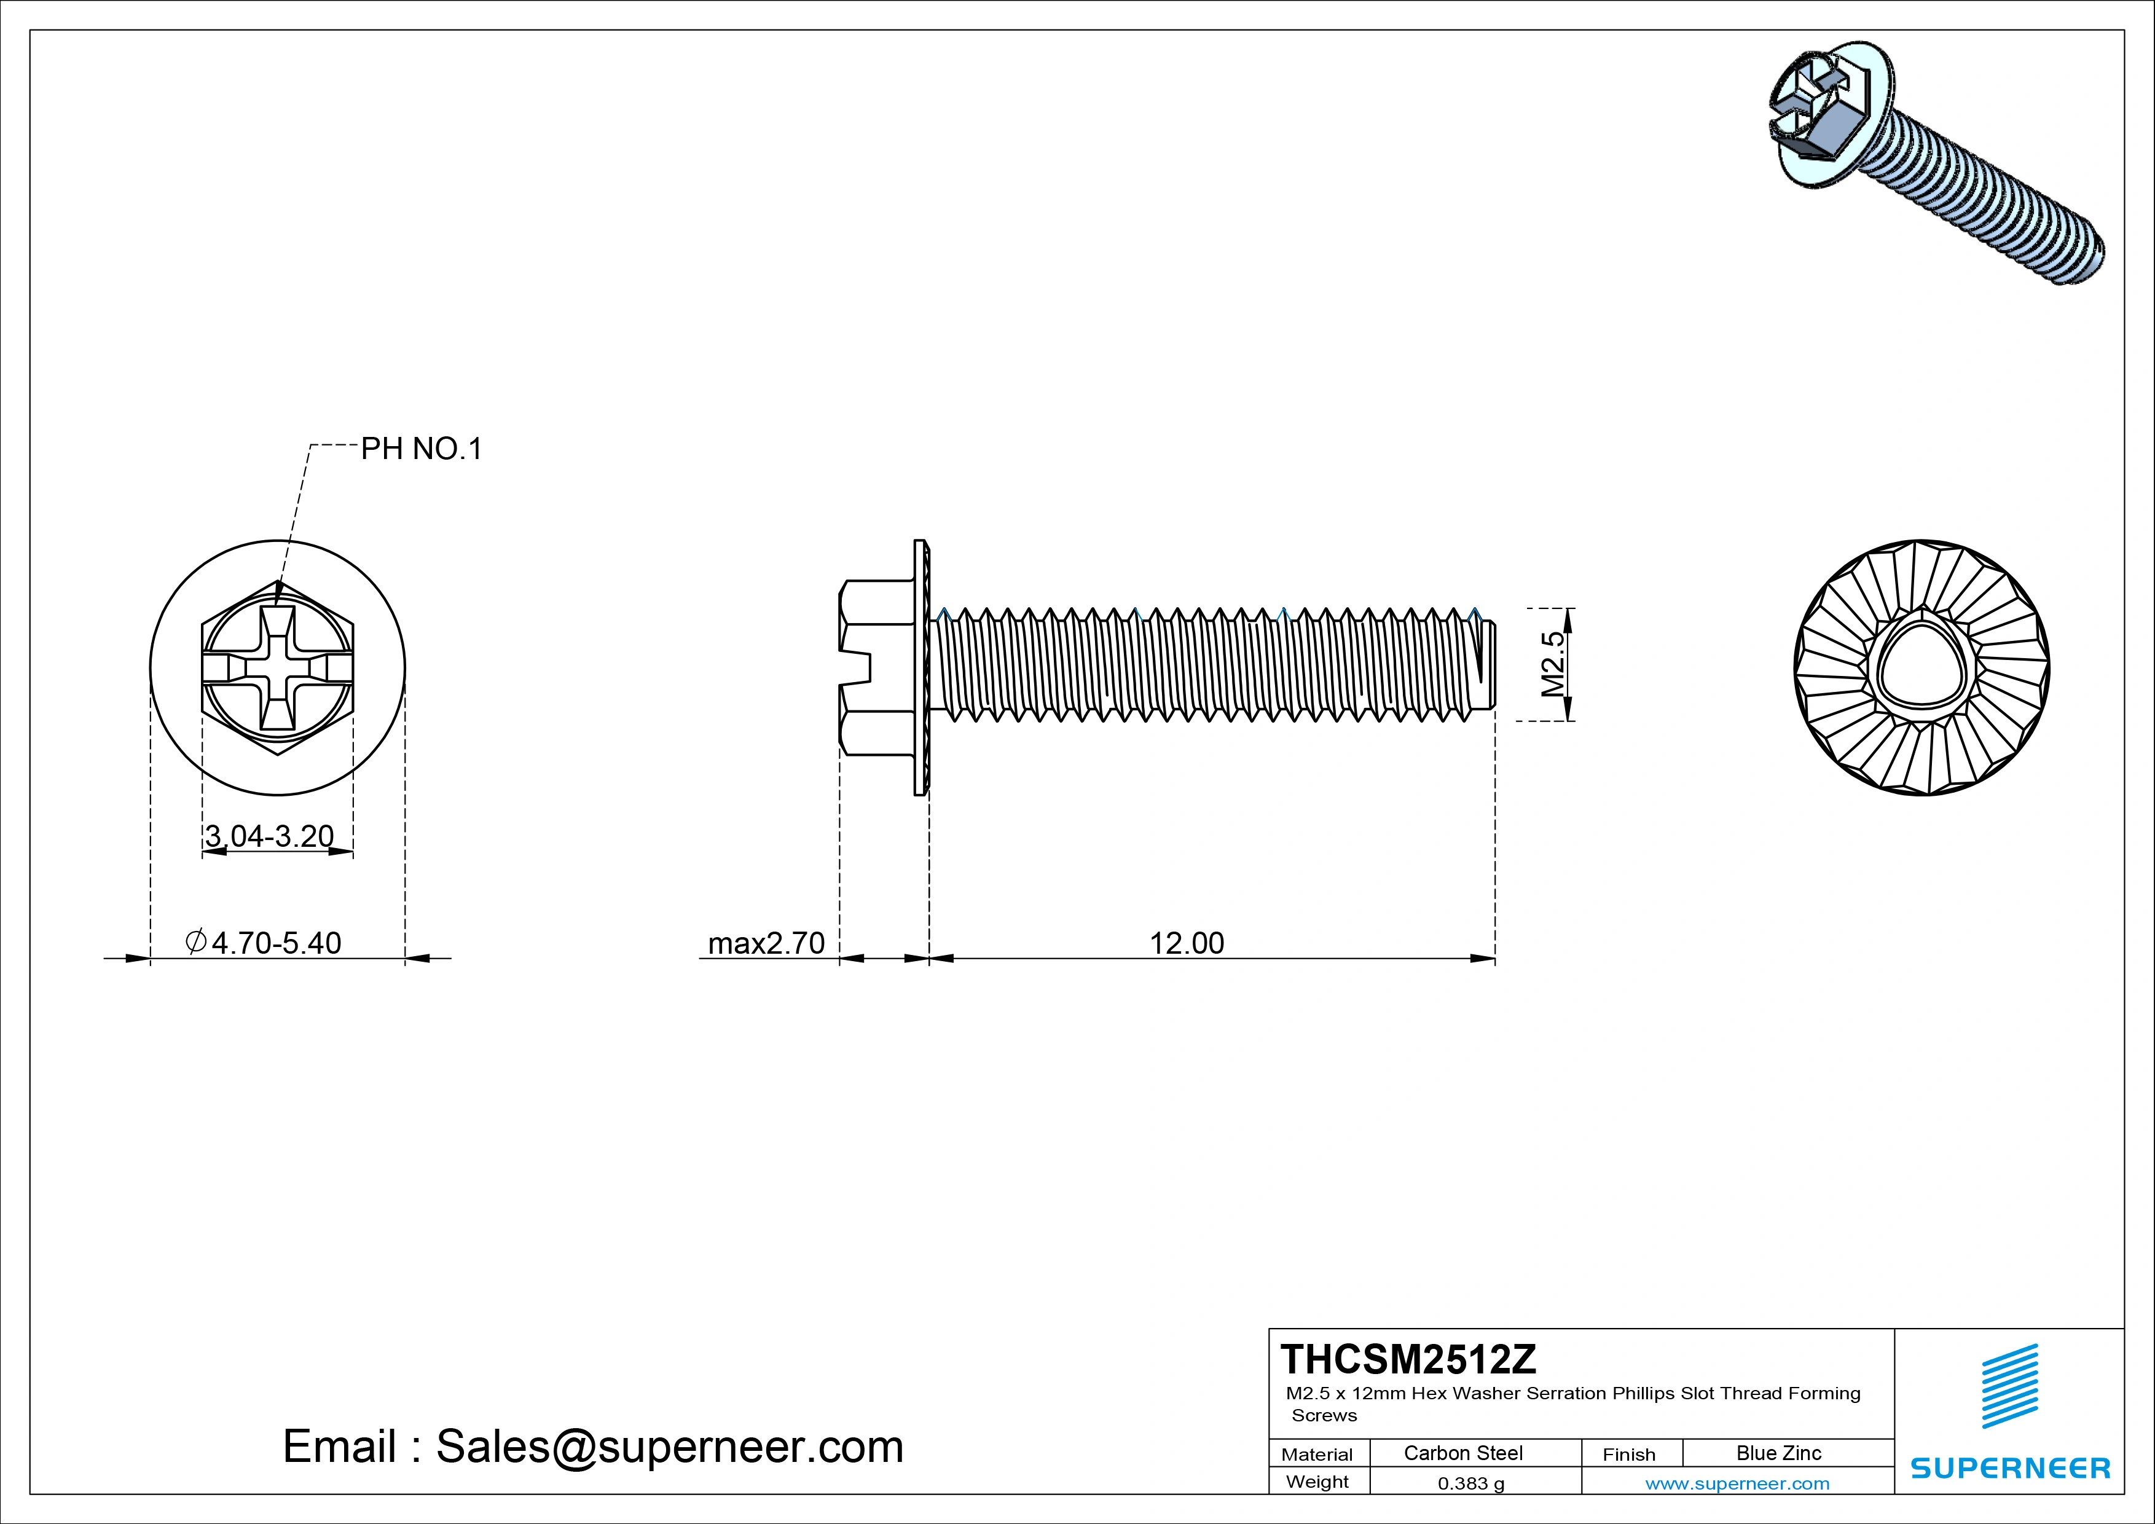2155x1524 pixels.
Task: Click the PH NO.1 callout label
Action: [x=422, y=449]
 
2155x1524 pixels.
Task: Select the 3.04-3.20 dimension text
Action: [x=269, y=835]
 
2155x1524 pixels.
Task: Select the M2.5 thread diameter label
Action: [x=1554, y=664]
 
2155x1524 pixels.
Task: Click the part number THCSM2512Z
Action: [x=1408, y=1359]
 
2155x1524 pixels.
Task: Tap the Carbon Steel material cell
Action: [x=1462, y=1453]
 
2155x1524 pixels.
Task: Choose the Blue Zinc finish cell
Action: [x=1778, y=1453]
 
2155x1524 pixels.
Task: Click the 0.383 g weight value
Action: [x=1470, y=1483]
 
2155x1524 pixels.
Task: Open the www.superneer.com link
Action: [x=1737, y=1483]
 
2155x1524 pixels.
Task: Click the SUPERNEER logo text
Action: [x=2009, y=1467]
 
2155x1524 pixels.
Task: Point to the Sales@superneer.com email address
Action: [x=669, y=1446]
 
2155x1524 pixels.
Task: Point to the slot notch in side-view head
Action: [x=856, y=668]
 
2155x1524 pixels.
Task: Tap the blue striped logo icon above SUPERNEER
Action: [x=2009, y=1386]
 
